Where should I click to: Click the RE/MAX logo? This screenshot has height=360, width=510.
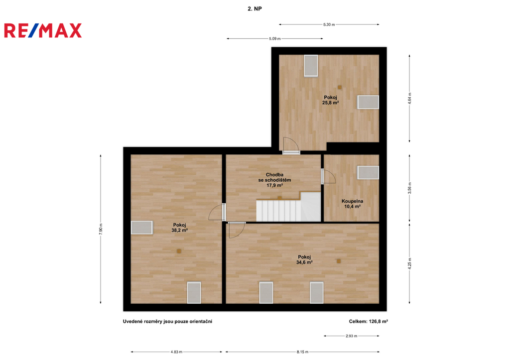(x=43, y=30)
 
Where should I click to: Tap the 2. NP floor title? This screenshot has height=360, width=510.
(x=255, y=9)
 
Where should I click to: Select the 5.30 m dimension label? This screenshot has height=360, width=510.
(x=329, y=24)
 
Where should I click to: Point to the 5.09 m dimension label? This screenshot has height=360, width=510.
(x=274, y=39)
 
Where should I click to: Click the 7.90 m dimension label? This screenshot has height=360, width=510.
(x=101, y=229)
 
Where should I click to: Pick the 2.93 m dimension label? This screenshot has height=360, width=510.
(x=351, y=336)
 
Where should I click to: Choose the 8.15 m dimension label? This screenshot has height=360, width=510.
(x=302, y=352)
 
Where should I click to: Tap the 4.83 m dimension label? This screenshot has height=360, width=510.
(x=176, y=352)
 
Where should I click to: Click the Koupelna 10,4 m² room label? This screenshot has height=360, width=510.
(x=352, y=204)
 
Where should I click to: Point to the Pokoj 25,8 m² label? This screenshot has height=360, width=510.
(x=331, y=100)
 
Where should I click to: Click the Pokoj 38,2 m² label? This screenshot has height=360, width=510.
(x=179, y=228)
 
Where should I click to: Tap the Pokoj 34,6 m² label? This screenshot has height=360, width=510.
(x=304, y=259)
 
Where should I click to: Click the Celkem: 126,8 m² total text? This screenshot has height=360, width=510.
(x=368, y=321)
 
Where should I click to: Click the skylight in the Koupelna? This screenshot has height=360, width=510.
(x=368, y=172)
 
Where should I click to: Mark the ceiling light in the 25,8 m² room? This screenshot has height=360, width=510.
(x=340, y=87)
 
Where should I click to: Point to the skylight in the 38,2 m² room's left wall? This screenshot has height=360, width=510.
(x=142, y=228)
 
